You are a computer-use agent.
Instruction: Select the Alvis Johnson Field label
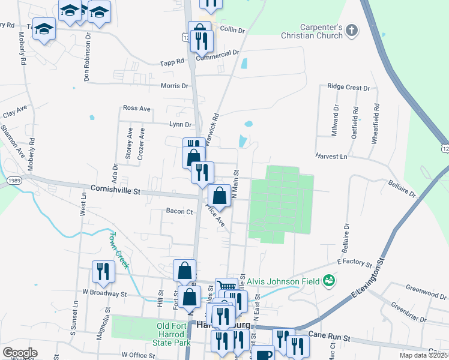[x=291, y=279]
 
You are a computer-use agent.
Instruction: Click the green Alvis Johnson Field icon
[x=328, y=280]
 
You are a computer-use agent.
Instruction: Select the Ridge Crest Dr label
[x=348, y=88]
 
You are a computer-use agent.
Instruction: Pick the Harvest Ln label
[x=331, y=157]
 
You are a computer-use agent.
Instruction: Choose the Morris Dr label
[x=175, y=86]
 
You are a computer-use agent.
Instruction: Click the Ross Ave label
[x=136, y=109]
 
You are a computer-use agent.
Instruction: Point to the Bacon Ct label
[x=179, y=211]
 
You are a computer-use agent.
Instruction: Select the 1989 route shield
[x=15, y=180]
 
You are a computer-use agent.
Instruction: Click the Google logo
[x=19, y=353]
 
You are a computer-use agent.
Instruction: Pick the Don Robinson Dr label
[x=88, y=56]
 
